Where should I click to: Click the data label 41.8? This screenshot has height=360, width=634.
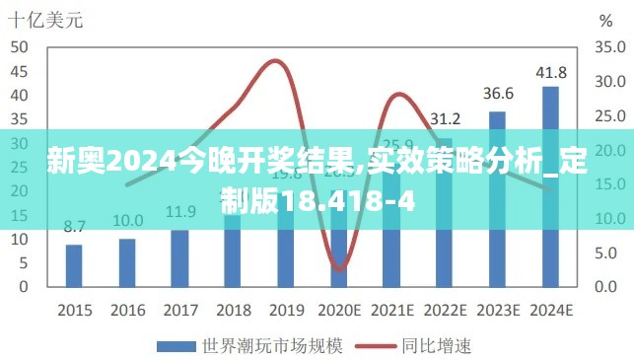(550, 72)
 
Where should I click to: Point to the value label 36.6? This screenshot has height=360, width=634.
(497, 94)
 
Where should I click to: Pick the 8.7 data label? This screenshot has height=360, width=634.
(74, 227)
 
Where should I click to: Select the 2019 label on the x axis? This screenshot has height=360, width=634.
(285, 310)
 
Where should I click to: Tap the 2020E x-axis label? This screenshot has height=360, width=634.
(338, 310)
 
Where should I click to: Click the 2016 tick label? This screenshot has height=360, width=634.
(127, 310)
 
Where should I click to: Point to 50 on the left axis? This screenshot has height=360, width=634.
(20, 47)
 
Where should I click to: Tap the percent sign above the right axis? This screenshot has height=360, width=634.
(604, 20)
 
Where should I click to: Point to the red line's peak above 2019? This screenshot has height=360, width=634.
(276, 61)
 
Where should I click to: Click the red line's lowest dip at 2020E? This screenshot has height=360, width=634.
(338, 268)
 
